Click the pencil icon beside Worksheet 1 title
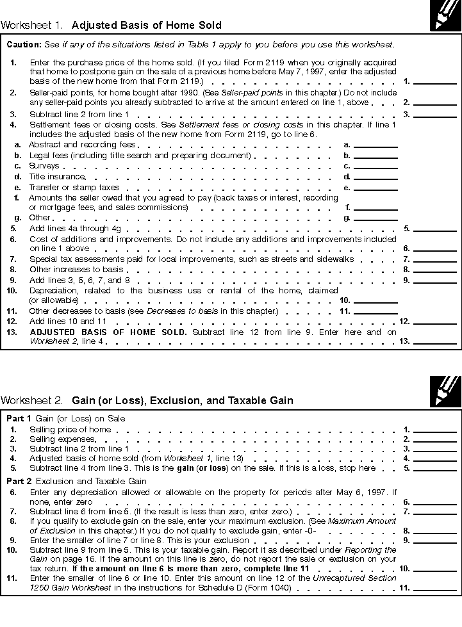click(445, 15)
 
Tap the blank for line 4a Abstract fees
click(375, 145)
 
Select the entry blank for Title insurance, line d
click(375, 176)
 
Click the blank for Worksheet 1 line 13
click(435, 341)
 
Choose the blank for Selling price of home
click(435, 430)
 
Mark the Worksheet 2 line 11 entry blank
click(435, 587)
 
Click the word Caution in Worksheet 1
click(24, 45)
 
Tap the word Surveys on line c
click(44, 166)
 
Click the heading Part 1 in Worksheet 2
click(19, 418)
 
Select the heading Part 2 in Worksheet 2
click(19, 481)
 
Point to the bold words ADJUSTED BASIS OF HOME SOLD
click(108, 332)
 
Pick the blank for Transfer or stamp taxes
click(375, 188)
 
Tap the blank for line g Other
click(375, 218)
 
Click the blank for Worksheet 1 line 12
click(435, 321)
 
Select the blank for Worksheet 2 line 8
click(435, 531)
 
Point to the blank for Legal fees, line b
click(375, 156)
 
